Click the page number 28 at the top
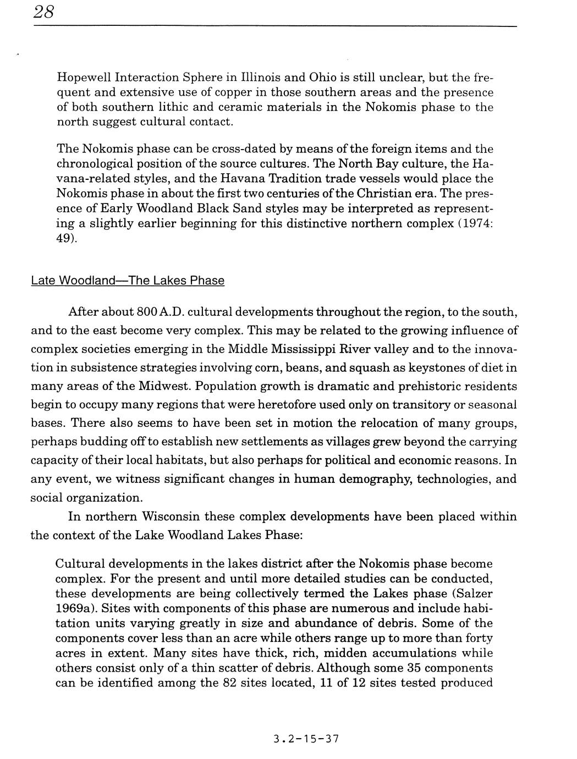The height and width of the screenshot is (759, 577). pyautogui.click(x=42, y=12)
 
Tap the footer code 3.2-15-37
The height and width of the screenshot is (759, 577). pyautogui.click(x=307, y=739)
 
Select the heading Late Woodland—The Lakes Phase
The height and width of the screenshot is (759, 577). pyautogui.click(x=128, y=280)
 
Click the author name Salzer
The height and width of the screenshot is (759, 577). pyautogui.click(x=472, y=593)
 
